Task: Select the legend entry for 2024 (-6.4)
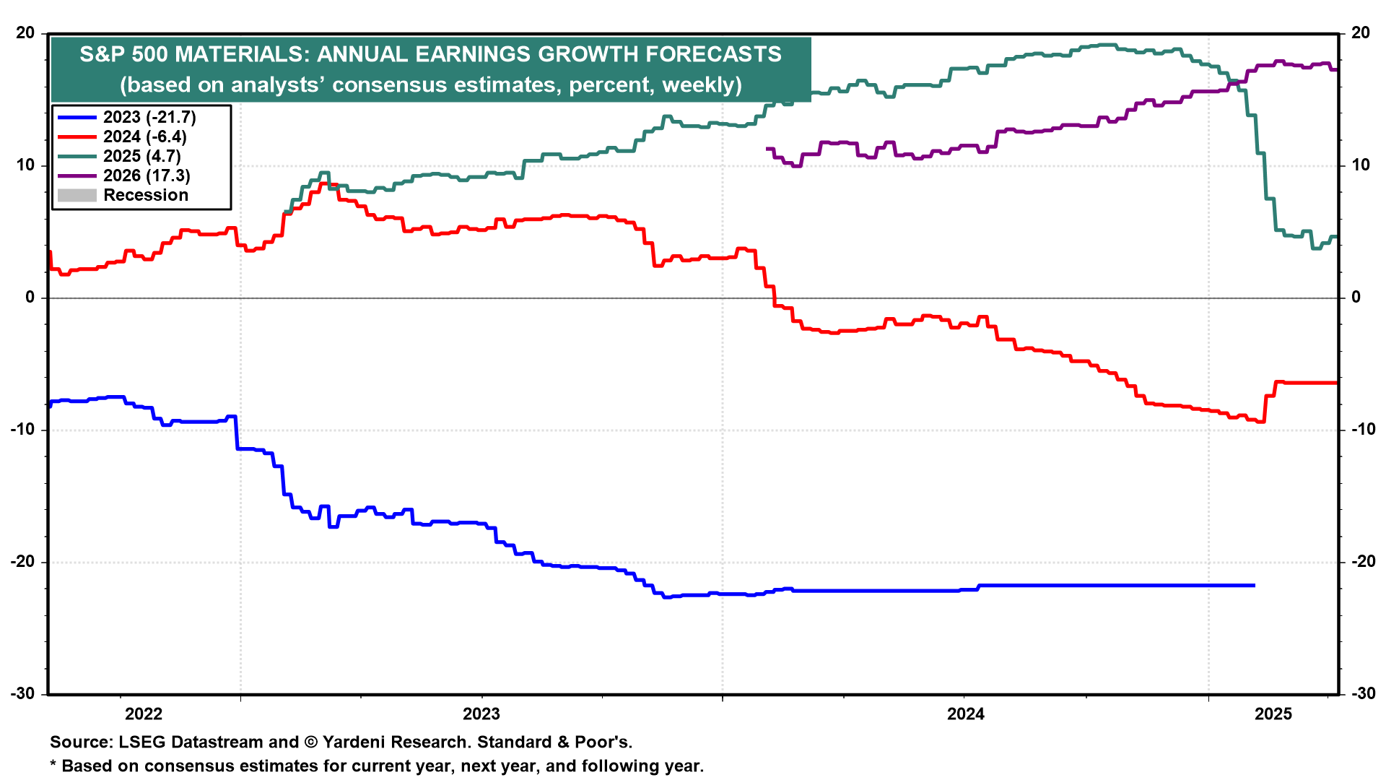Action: pos(144,136)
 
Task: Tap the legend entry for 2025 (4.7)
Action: pos(141,156)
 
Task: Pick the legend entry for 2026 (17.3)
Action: pos(147,175)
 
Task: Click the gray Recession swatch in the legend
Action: pos(77,195)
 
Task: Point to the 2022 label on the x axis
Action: pos(144,714)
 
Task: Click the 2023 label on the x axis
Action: pos(481,714)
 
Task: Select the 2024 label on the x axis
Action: pos(965,714)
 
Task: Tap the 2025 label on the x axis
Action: pos(1273,714)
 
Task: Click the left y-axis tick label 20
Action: pos(25,33)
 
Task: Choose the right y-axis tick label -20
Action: pos(1363,562)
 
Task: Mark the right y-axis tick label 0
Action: pos(1356,298)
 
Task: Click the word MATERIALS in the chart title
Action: pos(241,54)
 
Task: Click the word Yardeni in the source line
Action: pos(358,742)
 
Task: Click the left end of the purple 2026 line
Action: pos(767,149)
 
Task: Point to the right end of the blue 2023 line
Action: pos(1254,585)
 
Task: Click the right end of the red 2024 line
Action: pos(1336,383)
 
